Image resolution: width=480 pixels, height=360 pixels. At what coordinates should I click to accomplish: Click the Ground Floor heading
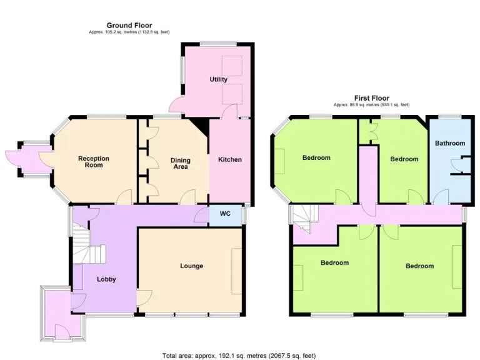(x=129, y=26)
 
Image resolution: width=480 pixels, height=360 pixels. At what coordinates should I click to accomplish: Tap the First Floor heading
(x=371, y=98)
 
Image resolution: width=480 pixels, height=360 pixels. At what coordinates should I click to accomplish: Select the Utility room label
(x=218, y=79)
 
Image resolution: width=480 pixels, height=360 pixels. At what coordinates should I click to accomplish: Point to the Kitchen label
(x=229, y=159)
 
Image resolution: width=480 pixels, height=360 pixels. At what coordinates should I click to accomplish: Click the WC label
(x=226, y=214)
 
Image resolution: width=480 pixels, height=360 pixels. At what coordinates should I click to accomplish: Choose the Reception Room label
(x=94, y=162)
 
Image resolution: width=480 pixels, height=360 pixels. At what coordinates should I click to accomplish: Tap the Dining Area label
(x=180, y=164)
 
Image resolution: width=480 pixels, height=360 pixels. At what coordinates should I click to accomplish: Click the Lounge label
(x=191, y=266)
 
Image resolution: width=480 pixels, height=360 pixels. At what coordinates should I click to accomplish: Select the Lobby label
(x=106, y=279)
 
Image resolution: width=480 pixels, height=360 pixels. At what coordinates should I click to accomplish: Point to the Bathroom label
(x=450, y=143)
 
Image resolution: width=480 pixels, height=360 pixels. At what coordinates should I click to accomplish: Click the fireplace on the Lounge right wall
(x=236, y=271)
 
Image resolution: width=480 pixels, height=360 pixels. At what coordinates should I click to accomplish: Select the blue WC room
(x=226, y=214)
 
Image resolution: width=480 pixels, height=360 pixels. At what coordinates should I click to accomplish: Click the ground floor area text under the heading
(x=129, y=32)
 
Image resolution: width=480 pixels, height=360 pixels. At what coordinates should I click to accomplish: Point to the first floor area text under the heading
(x=371, y=104)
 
